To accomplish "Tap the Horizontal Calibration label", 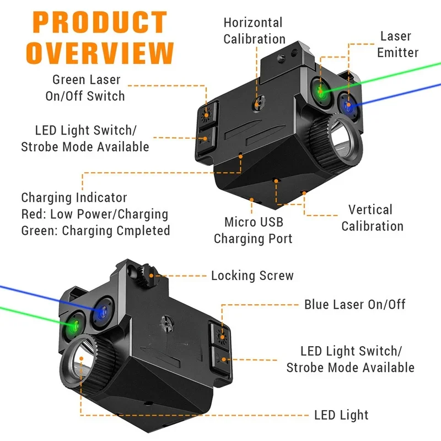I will [254, 31].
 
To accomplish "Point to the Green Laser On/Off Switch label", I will [85, 88].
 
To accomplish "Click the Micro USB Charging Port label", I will [253, 230].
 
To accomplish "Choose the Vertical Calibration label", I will [372, 218].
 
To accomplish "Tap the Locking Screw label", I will [252, 275].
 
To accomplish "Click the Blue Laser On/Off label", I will [355, 304].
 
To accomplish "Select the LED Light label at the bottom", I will [341, 415].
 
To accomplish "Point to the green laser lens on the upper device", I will [320, 90].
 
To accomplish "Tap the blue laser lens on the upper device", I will [347, 105].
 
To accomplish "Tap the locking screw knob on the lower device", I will [144, 274].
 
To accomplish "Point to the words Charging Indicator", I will [74, 197].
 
